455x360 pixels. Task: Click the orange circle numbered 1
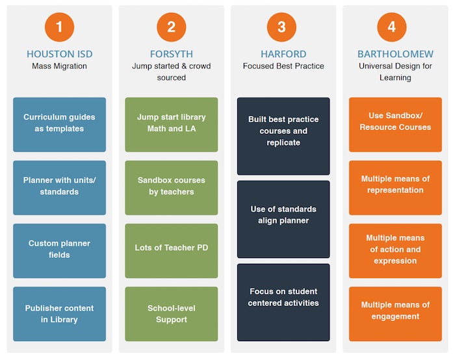tap(60, 27)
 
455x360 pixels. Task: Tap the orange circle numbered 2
tap(171, 27)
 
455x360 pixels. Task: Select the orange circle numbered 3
tap(281, 27)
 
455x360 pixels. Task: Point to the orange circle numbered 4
tap(392, 27)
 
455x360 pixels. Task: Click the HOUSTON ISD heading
tap(60, 54)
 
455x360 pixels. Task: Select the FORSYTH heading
tap(171, 54)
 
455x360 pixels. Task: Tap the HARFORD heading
tap(283, 54)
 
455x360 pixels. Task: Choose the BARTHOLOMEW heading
tap(395, 54)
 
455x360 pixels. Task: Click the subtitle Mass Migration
tap(60, 66)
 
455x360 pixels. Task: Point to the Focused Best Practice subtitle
tap(283, 66)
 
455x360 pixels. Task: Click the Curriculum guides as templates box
tap(60, 125)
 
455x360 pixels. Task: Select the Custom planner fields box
tap(60, 251)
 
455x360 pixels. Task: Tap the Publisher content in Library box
tap(60, 314)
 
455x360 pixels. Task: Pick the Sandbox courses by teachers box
tap(172, 188)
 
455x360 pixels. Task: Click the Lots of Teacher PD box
tap(172, 251)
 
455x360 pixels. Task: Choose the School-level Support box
tap(172, 314)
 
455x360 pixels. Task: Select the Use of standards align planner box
tap(283, 219)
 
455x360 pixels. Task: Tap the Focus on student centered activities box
tap(283, 302)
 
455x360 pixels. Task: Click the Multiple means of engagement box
tap(395, 314)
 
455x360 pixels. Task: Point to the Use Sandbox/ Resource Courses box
tap(395, 125)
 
